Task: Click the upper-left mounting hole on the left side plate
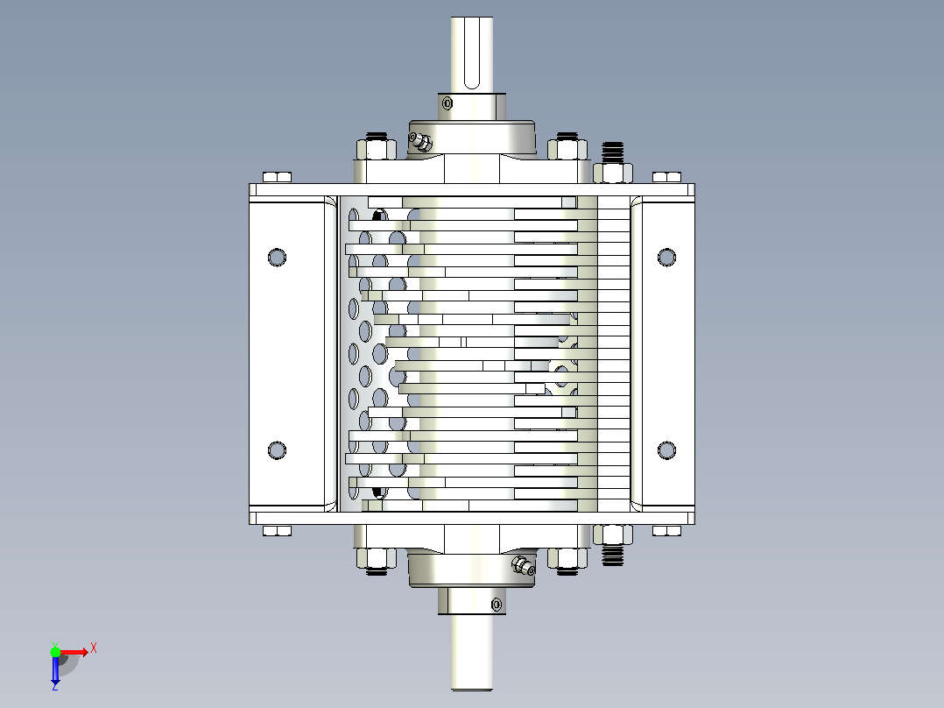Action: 277,258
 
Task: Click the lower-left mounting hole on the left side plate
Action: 277,450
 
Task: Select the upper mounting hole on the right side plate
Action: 666,258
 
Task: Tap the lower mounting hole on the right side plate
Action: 666,450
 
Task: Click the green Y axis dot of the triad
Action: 55,652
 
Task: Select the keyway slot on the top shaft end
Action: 472,53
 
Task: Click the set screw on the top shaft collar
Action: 447,103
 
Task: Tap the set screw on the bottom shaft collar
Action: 496,604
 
